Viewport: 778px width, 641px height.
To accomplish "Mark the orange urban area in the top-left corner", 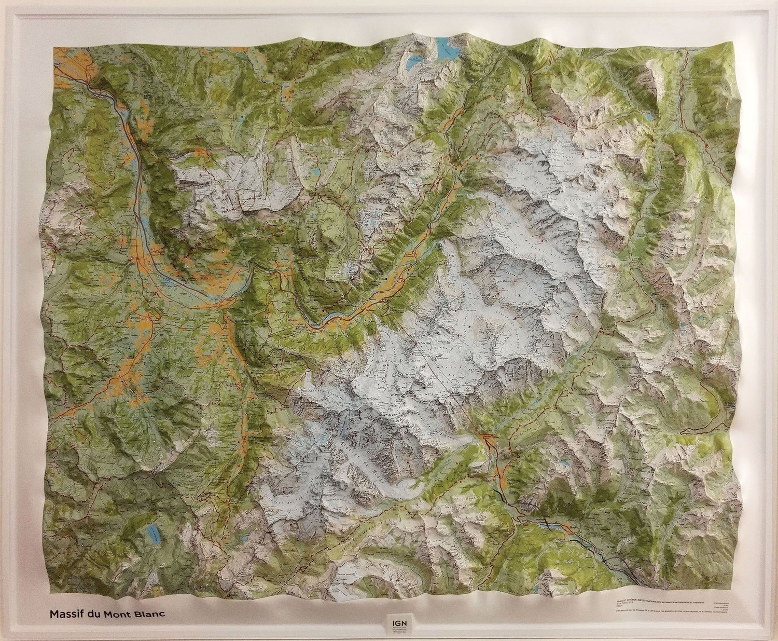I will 73,73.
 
